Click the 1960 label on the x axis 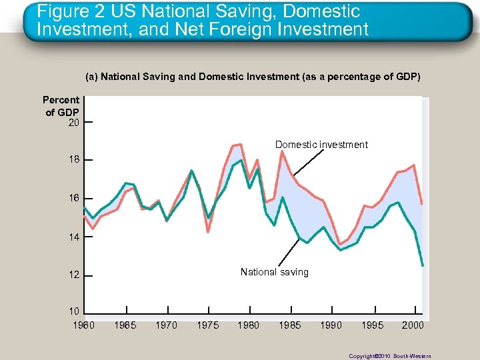pos(83,325)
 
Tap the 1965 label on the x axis pos(126,325)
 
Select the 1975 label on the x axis pos(208,325)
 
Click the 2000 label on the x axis pos(413,325)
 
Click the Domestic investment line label pos(321,145)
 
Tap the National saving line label pos(274,272)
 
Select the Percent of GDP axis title pos(61,106)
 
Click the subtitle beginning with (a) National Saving pos(253,77)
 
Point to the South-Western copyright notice pos(390,356)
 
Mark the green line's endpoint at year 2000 pos(422,265)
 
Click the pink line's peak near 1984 pos(282,151)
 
